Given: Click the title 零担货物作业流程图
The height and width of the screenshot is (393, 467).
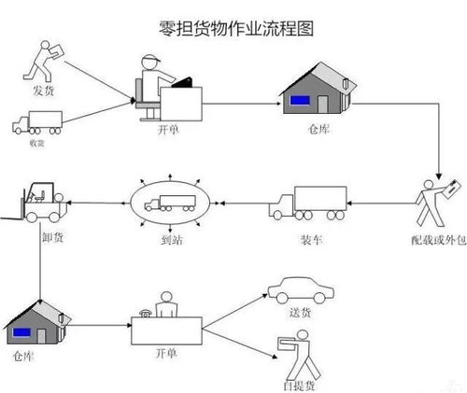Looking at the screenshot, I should coord(233,27).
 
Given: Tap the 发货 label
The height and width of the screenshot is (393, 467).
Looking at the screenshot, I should coord(44,91).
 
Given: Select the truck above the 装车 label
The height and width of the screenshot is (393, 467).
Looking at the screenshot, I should coord(307,204).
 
